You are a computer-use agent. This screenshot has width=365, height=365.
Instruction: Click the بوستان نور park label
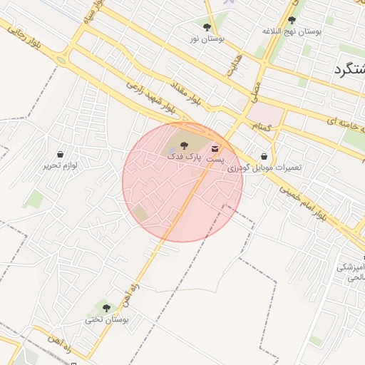pos(207,38)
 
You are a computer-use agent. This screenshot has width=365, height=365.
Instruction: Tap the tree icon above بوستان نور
pos(207,27)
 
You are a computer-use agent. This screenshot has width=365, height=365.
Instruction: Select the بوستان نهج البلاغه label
pos(292,31)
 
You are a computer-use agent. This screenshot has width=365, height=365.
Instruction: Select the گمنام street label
pos(263,126)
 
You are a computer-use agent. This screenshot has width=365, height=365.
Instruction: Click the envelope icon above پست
pos(215,149)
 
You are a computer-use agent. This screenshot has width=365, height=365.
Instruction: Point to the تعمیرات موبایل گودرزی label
pos(264,168)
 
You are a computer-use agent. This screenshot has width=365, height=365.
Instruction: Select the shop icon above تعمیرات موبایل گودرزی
pos(264,156)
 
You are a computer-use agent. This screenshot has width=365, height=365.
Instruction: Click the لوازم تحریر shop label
pos(59,165)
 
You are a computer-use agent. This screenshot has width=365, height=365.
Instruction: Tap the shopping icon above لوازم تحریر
pos(60,154)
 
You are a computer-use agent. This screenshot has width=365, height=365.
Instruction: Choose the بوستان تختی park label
pos(107,319)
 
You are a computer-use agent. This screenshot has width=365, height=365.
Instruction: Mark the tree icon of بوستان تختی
pos(106,308)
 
